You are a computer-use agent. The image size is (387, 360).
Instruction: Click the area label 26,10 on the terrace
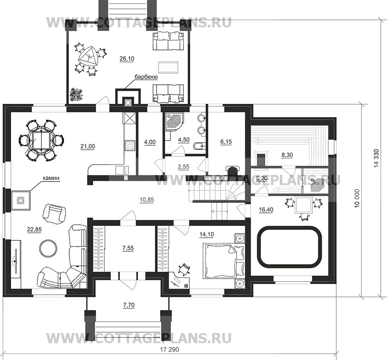pos(127,59)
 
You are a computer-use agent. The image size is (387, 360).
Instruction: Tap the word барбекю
pos(146,77)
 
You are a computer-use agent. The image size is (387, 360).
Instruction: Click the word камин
pos(51,178)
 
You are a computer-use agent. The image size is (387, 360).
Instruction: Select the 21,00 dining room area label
pos(88,147)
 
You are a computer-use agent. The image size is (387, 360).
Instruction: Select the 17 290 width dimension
pos(169,350)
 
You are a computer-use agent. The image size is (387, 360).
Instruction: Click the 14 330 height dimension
pos(376,159)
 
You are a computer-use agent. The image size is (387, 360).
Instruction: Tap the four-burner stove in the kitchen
pos(130,145)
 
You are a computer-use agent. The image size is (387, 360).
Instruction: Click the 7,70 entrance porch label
pos(129,305)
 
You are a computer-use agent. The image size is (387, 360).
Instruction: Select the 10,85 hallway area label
pos(147,200)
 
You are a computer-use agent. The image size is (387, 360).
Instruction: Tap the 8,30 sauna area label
pos(287,155)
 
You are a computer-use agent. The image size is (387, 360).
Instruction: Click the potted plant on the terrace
pos(77,94)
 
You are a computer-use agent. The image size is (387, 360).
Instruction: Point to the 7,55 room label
pos(128,248)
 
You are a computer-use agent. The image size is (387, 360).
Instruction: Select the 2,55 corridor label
pos(184,167)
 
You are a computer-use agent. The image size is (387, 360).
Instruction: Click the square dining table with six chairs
pos(42,140)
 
